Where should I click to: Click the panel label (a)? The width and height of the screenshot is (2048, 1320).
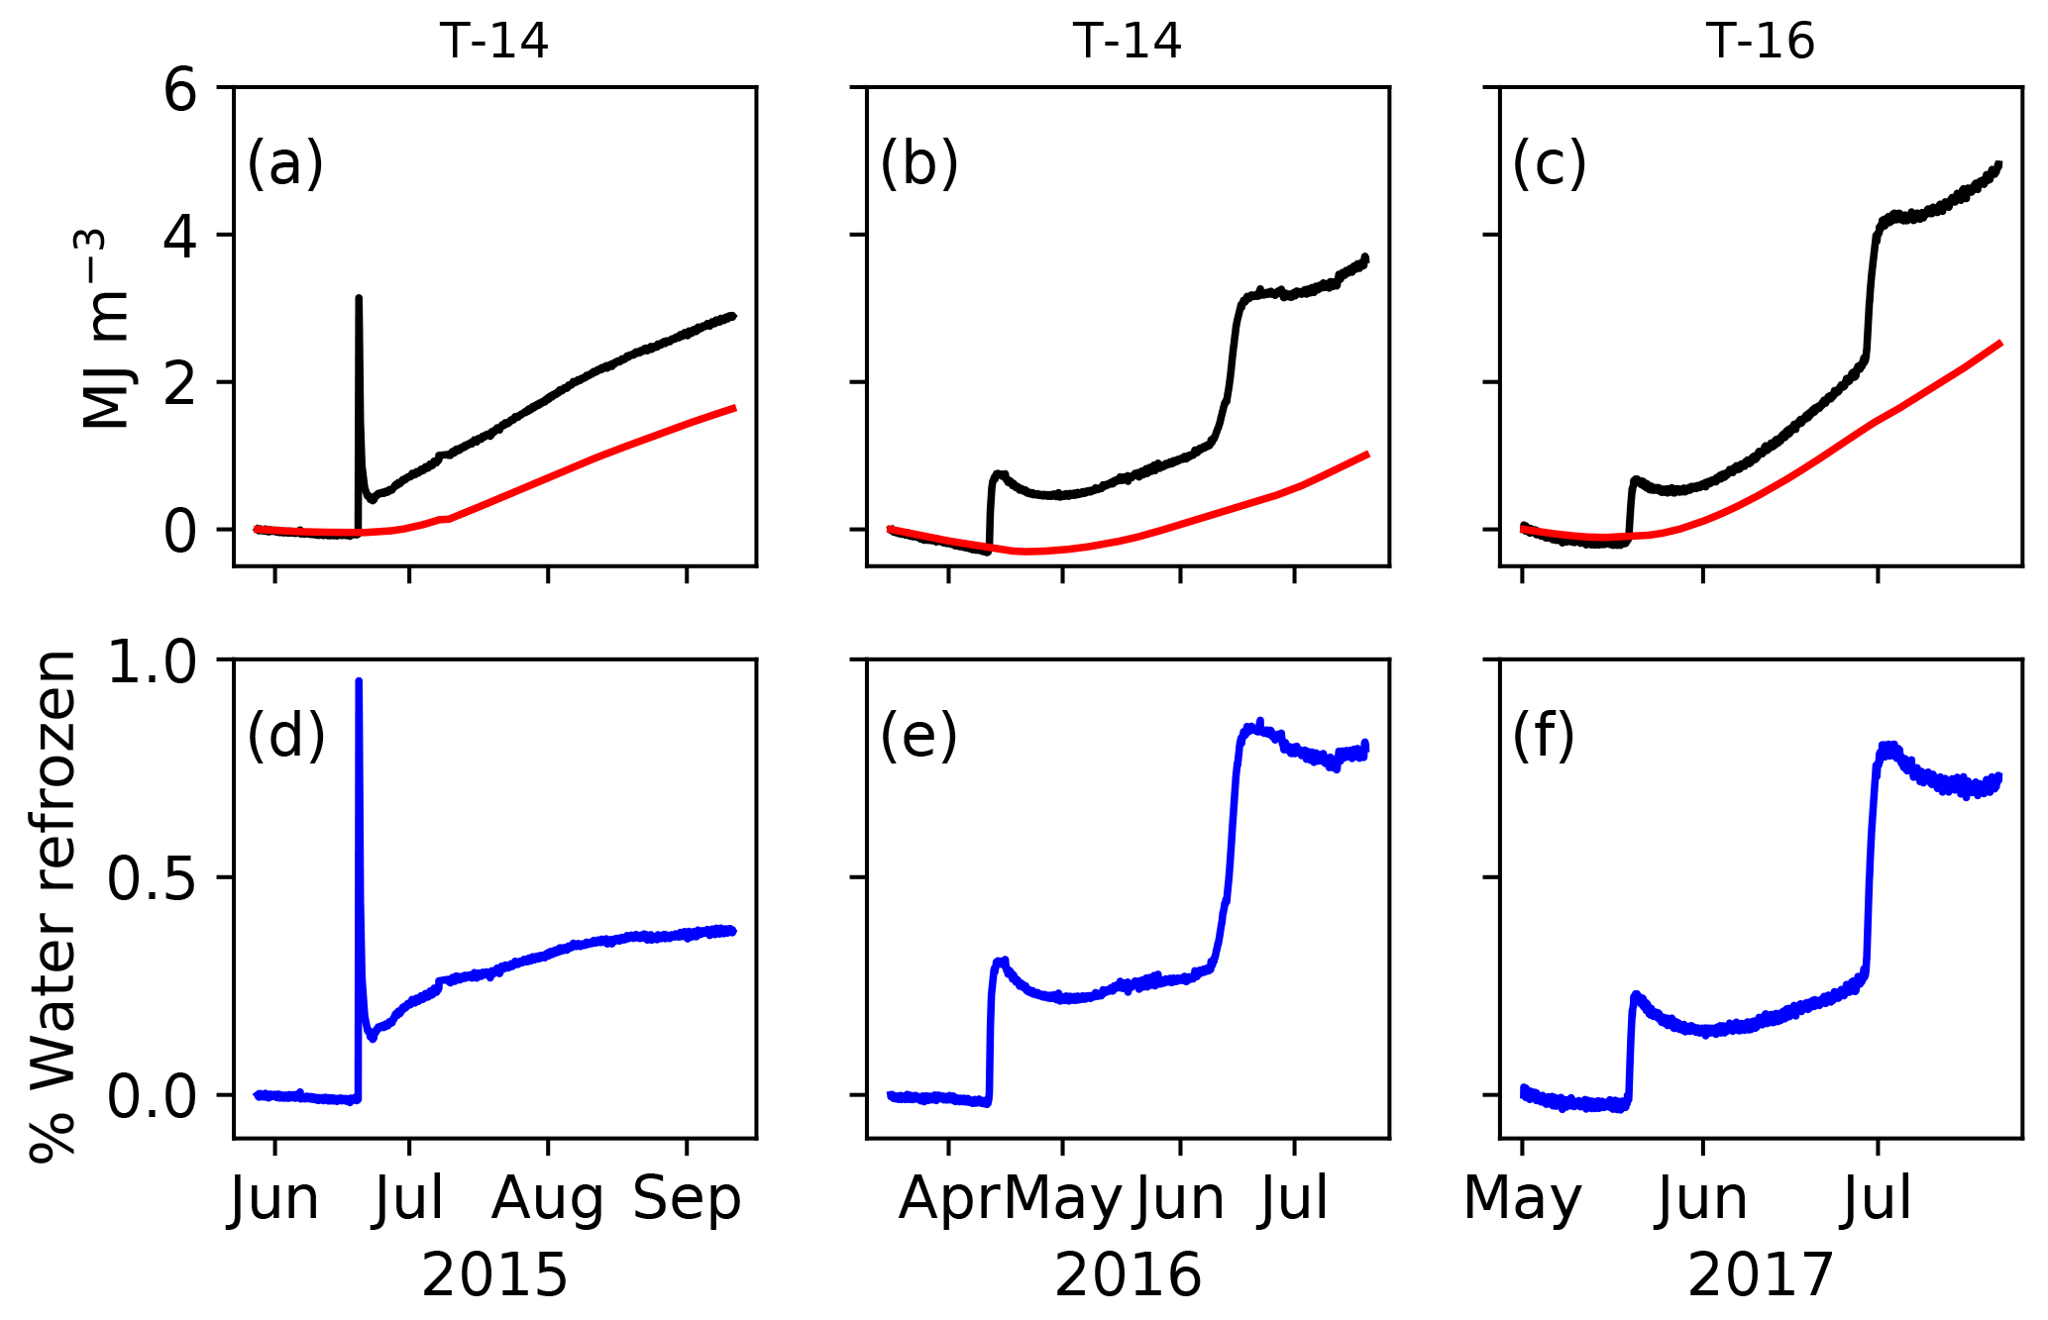(285, 164)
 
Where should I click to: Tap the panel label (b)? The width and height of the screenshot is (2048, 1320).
(918, 164)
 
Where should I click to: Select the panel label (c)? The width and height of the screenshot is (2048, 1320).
(1550, 164)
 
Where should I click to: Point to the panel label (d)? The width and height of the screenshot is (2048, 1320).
(285, 737)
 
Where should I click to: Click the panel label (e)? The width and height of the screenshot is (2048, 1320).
(918, 737)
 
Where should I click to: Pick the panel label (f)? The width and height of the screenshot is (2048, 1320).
(1544, 737)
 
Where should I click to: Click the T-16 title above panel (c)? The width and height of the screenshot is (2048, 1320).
(1761, 42)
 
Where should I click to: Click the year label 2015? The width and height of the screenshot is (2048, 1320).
(494, 1275)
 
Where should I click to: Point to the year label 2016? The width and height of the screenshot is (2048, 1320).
(1128, 1275)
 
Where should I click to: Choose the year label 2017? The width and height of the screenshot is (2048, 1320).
(1761, 1275)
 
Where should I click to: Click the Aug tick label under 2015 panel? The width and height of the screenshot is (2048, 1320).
(547, 1199)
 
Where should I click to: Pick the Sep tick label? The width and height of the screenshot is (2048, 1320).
(687, 1199)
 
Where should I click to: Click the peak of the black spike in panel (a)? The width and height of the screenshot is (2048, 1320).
(359, 297)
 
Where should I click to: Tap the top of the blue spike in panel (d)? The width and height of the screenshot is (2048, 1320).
(359, 681)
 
